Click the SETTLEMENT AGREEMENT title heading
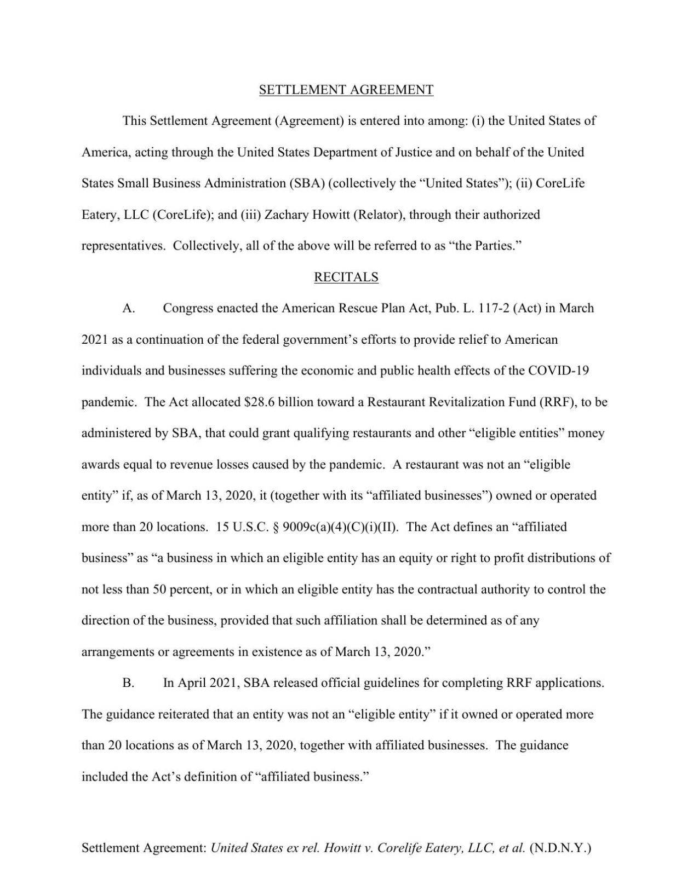(x=346, y=90)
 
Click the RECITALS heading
(x=346, y=278)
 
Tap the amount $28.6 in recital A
(x=259, y=402)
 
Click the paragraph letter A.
(x=128, y=308)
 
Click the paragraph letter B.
(x=128, y=683)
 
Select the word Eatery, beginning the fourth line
(x=100, y=215)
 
